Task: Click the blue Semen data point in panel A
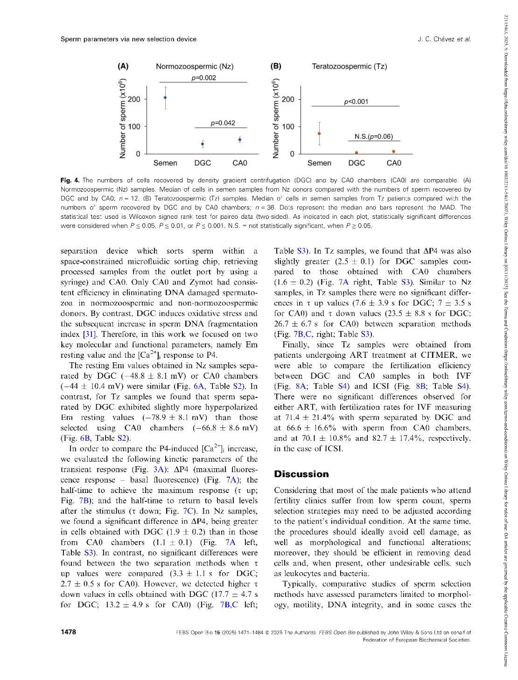tap(165, 97)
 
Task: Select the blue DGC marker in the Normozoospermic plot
tap(203, 144)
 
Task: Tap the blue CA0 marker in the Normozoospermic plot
tap(240, 139)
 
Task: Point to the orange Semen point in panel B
tap(319, 133)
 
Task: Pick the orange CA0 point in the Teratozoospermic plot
tap(394, 152)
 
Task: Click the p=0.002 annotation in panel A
tap(204, 78)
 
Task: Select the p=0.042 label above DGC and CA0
tap(223, 123)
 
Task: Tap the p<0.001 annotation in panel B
tap(356, 102)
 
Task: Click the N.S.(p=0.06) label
tap(373, 137)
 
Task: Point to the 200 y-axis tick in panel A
tap(134, 99)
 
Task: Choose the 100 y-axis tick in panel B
tap(288, 126)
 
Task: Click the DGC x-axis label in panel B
tap(357, 163)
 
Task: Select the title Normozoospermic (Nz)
tap(195, 66)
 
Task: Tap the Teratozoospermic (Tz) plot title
tap(349, 66)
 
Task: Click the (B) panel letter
tap(276, 66)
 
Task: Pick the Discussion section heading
tap(301, 474)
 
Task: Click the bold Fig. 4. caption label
tap(70, 180)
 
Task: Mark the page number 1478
tap(68, 632)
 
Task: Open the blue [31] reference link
tap(89, 334)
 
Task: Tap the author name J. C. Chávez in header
tap(437, 39)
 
